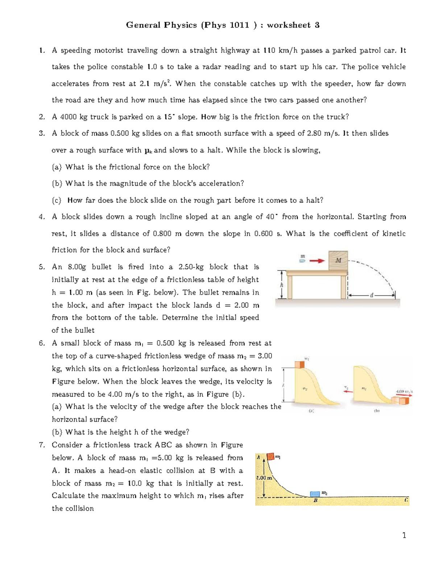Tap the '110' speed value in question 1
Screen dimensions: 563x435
point(269,50)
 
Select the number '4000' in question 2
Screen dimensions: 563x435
point(68,117)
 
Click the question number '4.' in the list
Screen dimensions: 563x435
point(42,217)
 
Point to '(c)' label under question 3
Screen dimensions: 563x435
point(57,200)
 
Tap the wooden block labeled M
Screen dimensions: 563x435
point(338,260)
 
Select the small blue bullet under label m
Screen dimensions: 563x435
point(302,260)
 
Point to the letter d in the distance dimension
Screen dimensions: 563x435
point(371,295)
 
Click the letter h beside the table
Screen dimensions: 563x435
point(282,285)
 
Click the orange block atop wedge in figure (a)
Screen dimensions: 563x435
point(299,364)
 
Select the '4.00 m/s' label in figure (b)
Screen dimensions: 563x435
point(404,392)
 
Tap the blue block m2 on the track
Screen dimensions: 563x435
point(315,494)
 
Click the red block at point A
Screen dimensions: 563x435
point(271,456)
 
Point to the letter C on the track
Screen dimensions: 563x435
point(406,500)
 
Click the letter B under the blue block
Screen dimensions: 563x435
point(315,501)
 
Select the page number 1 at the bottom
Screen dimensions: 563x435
point(404,535)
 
